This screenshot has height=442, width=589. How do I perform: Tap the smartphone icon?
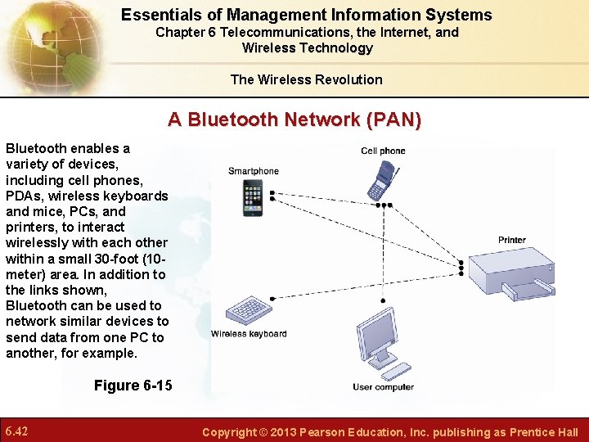pos(253,198)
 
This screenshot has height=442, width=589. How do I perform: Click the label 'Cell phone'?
pos(383,151)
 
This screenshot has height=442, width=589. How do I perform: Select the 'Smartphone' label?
pos(253,171)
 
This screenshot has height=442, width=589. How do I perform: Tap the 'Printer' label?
pos(512,240)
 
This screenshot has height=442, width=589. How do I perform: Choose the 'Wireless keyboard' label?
pos(249,334)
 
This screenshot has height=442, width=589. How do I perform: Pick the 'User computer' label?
pos(383,387)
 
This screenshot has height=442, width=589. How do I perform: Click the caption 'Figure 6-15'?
pos(133,386)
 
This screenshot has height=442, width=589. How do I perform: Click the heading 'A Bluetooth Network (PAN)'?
pos(294,120)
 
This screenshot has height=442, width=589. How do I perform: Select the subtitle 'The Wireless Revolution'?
pos(306,79)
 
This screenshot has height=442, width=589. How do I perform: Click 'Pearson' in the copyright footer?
pos(328,432)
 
